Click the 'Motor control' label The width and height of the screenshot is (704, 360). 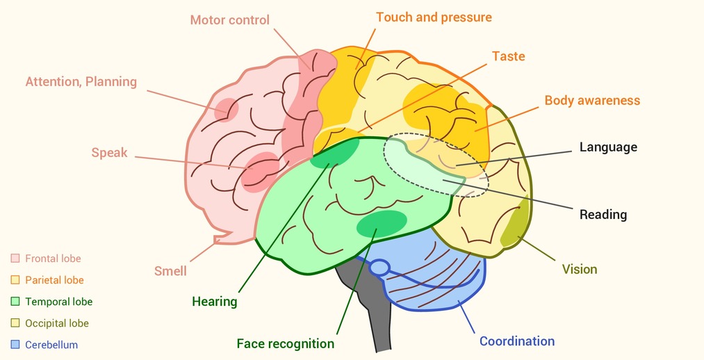229,19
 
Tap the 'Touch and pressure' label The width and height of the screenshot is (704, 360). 434,17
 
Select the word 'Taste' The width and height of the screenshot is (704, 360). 508,56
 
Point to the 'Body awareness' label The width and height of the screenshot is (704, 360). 592,100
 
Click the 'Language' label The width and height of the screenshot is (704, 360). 608,147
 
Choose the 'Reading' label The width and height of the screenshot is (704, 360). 603,215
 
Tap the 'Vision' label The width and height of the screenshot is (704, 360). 580,270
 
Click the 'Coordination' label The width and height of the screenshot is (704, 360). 517,341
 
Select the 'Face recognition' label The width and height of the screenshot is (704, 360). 286,344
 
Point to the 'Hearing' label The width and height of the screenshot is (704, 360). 215,301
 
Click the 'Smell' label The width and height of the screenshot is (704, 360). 170,271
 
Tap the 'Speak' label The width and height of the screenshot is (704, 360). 110,153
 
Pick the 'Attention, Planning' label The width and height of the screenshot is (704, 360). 81,82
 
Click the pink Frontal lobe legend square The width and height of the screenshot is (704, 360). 15,259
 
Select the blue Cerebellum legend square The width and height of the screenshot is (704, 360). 15,345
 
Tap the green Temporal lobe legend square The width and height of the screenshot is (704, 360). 15,302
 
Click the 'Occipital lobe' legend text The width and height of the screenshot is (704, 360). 57,323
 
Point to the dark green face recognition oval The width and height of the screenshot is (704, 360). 382,224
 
